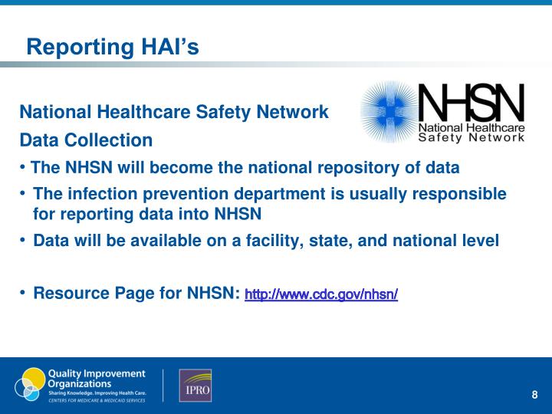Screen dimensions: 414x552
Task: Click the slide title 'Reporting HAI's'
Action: (113, 48)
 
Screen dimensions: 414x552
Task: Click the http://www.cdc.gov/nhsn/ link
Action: (320, 294)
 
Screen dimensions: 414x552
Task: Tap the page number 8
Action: (534, 395)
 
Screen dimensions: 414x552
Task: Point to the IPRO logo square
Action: (195, 386)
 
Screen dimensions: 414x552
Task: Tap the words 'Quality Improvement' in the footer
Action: (96, 373)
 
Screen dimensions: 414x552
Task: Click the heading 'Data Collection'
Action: (86, 140)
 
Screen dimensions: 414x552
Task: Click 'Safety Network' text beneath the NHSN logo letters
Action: (472, 139)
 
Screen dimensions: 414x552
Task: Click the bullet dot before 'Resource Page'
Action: (23, 293)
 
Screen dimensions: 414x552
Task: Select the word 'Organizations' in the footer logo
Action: (80, 383)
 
